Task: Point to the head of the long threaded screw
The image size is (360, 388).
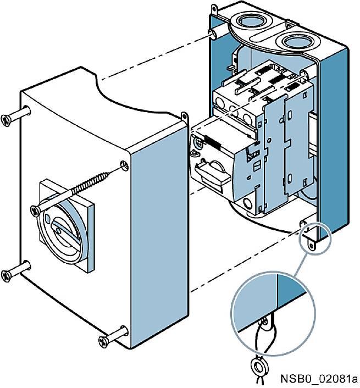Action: pyautogui.click(x=35, y=209)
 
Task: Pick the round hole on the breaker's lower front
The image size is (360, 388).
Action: pyautogui.click(x=248, y=205)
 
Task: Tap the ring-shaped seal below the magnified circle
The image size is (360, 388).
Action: pyautogui.click(x=256, y=365)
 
